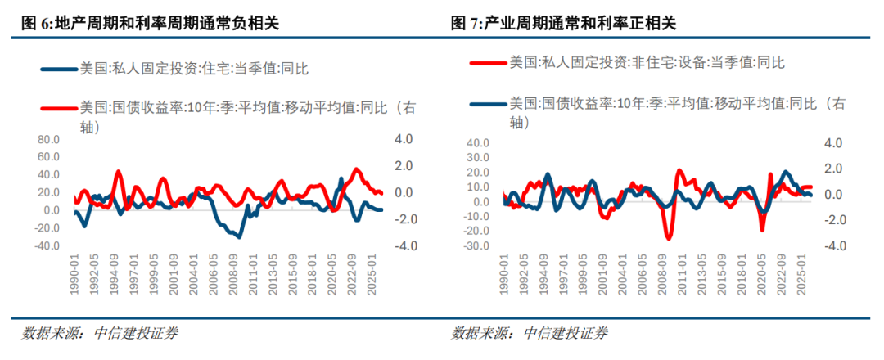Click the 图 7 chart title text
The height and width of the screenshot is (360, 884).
(564, 24)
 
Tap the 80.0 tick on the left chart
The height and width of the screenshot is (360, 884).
(49, 140)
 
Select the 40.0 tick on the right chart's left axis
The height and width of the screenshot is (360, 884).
(477, 144)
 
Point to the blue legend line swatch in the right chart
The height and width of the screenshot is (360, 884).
(487, 104)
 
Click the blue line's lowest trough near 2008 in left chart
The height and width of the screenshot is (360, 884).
(238, 236)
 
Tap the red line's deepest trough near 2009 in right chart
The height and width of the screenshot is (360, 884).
(669, 238)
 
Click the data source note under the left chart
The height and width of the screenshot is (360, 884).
(100, 333)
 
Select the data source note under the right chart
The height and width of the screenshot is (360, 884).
(530, 333)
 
